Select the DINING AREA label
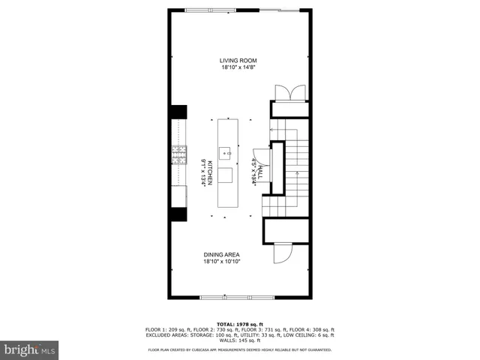(x=221, y=255)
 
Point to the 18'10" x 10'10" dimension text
(x=221, y=262)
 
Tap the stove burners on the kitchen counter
(x=179, y=155)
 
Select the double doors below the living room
(x=289, y=92)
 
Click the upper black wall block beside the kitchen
(x=178, y=111)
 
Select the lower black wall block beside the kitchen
(x=178, y=213)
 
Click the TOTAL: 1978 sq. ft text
(x=239, y=324)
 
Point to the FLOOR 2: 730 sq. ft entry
(x=217, y=330)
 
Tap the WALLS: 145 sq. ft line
(x=240, y=340)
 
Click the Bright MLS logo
(x=30, y=349)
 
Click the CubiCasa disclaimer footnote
(x=240, y=349)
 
